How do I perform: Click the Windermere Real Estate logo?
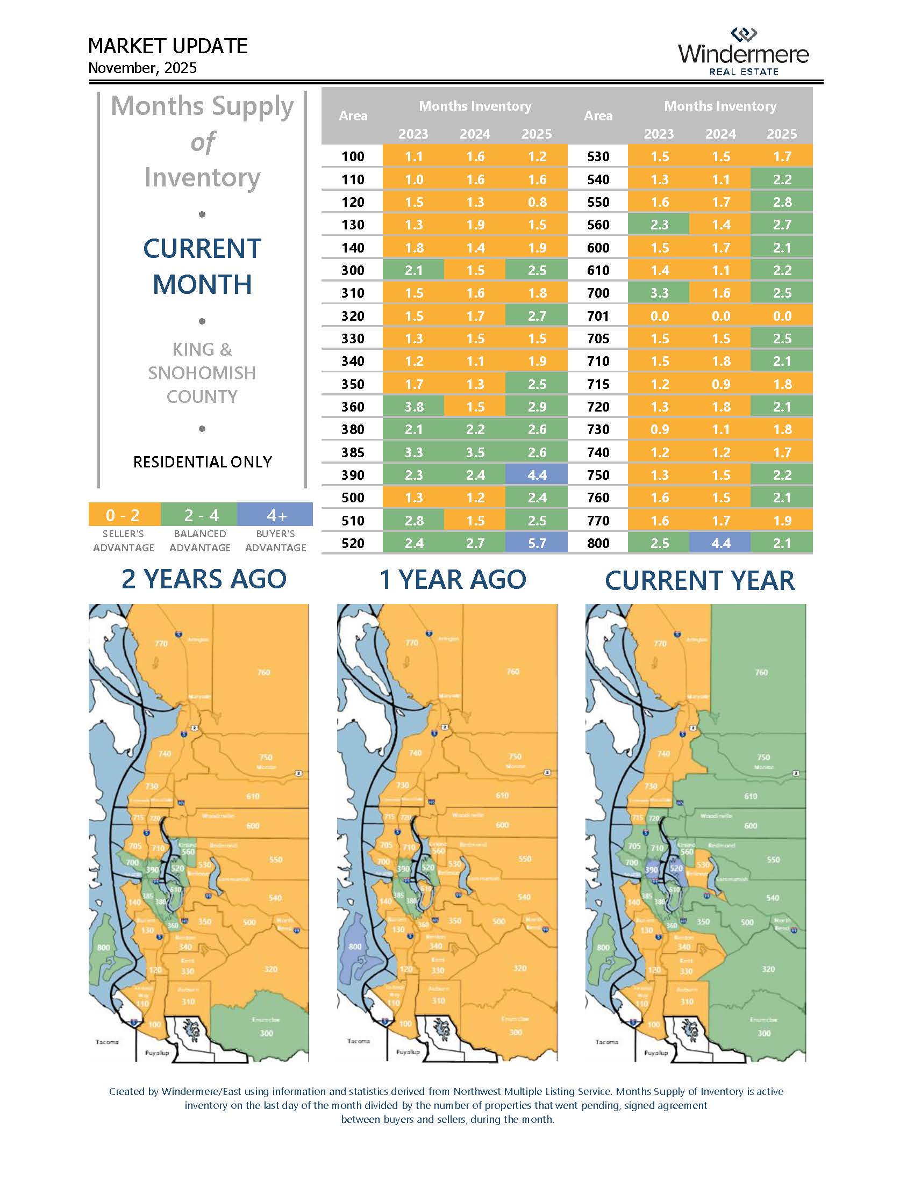pyautogui.click(x=743, y=52)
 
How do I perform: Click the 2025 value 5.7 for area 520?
pyautogui.click(x=537, y=543)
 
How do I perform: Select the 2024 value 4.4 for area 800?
pyautogui.click(x=720, y=543)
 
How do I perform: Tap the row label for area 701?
pyautogui.click(x=598, y=315)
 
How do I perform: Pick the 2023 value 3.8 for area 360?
pyautogui.click(x=413, y=407)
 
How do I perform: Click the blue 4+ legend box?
pyautogui.click(x=276, y=515)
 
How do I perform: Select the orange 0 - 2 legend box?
pyautogui.click(x=124, y=515)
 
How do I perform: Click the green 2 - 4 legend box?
pyautogui.click(x=200, y=515)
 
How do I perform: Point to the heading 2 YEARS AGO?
pyautogui.click(x=204, y=579)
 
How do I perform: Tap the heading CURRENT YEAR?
pyautogui.click(x=699, y=580)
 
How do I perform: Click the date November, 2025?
pyautogui.click(x=142, y=68)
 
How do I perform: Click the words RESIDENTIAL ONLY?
pyautogui.click(x=203, y=462)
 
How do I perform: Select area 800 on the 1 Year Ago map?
pyautogui.click(x=355, y=947)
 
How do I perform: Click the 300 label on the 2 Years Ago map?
pyautogui.click(x=266, y=1033)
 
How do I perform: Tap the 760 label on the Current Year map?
pyautogui.click(x=761, y=672)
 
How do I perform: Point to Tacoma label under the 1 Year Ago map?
pyautogui.click(x=358, y=1041)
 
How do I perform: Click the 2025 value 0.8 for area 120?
pyautogui.click(x=537, y=202)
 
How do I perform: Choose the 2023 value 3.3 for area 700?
pyautogui.click(x=659, y=293)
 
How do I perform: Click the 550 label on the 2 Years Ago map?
pyautogui.click(x=276, y=860)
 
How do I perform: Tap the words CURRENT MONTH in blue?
pyautogui.click(x=203, y=266)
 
